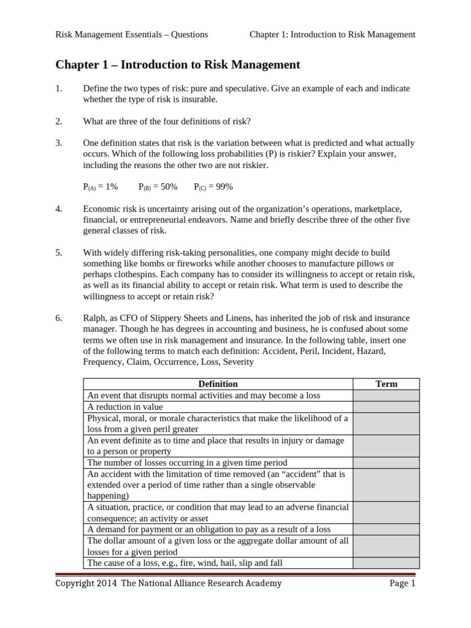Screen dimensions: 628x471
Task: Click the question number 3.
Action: pyautogui.click(x=59, y=143)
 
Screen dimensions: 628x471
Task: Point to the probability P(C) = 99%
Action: pyautogui.click(x=213, y=186)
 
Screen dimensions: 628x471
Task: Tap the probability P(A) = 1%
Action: pyautogui.click(x=100, y=186)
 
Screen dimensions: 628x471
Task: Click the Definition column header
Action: pyautogui.click(x=218, y=384)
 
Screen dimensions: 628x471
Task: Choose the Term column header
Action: pyautogui.click(x=386, y=384)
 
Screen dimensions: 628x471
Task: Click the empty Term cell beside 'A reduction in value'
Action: pyautogui.click(x=386, y=407)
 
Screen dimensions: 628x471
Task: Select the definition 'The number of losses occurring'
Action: pyautogui.click(x=187, y=462)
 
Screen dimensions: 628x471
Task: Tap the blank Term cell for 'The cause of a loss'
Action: pyautogui.click(x=386, y=562)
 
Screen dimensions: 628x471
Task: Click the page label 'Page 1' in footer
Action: pyautogui.click(x=402, y=583)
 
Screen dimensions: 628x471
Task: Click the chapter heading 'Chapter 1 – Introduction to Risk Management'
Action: pyautogui.click(x=178, y=64)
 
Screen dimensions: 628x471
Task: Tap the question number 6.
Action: pyautogui.click(x=59, y=318)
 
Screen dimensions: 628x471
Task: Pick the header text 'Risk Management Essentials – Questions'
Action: pyautogui.click(x=132, y=34)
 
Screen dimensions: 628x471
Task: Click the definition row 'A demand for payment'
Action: pyautogui.click(x=209, y=529)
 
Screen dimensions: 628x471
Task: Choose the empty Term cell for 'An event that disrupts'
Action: pyautogui.click(x=386, y=396)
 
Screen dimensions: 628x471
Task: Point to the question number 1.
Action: pyautogui.click(x=59, y=88)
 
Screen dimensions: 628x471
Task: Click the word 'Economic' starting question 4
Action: pyautogui.click(x=102, y=209)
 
